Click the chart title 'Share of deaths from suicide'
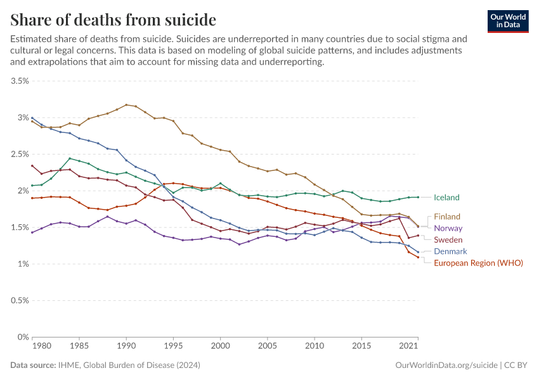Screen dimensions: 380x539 coord(114,20)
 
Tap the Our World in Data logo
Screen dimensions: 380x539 coord(508,21)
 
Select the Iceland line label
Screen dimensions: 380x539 coord(446,198)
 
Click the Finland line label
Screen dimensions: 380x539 coord(447,217)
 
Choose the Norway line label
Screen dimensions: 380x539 coord(448,228)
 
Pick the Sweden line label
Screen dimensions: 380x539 coord(448,240)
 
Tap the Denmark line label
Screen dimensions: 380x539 coord(450,251)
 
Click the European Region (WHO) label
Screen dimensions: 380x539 coord(478,263)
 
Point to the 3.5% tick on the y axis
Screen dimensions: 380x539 coord(20,81)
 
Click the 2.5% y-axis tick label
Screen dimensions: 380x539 coord(20,155)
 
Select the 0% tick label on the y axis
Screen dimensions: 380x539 coord(23,338)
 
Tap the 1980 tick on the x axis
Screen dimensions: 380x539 coord(42,346)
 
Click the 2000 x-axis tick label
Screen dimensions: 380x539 coord(220,346)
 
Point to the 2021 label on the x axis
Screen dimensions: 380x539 coord(408,346)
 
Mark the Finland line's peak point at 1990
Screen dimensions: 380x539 coord(126,104)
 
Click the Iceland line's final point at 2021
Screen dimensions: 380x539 coord(418,197)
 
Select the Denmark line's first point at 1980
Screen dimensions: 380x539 coord(32,118)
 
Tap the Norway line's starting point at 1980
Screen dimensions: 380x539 coord(32,232)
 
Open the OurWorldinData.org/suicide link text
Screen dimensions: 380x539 coord(446,365)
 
